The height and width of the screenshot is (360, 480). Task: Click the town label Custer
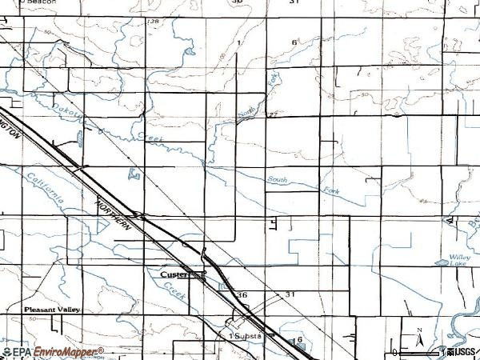point(173,274)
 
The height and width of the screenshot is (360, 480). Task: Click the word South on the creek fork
point(277,180)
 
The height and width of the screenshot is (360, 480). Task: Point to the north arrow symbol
point(419,338)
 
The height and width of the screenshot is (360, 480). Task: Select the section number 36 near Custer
point(242,294)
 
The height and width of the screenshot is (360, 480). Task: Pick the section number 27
point(272,115)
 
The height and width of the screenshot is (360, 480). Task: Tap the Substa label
point(247,336)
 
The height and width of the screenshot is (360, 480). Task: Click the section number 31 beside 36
point(291,294)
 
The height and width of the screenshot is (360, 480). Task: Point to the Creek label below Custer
point(177,295)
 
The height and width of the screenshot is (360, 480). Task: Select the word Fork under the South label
point(330,190)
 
